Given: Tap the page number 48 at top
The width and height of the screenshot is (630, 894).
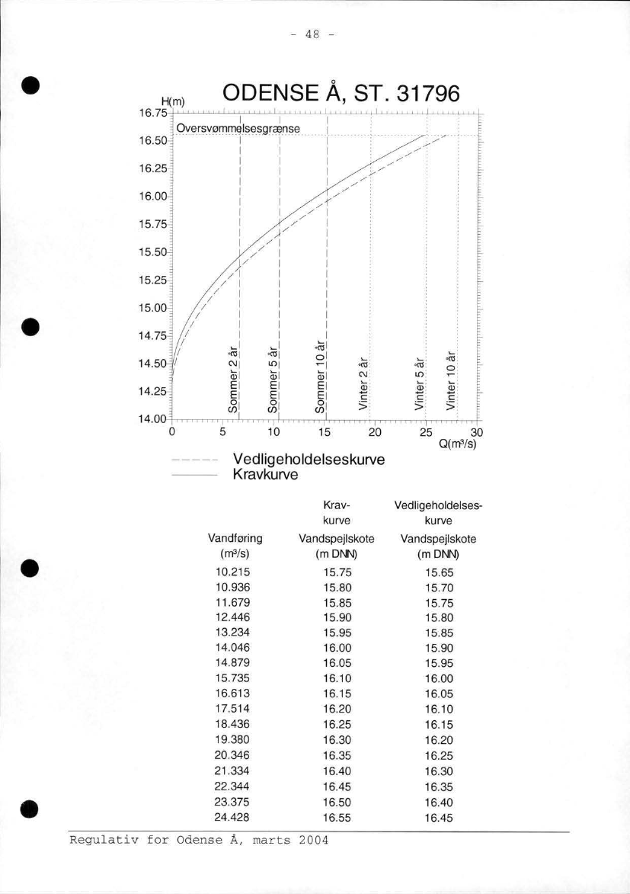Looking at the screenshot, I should [x=315, y=34].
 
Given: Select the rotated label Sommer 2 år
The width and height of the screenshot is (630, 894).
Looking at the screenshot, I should [x=234, y=380].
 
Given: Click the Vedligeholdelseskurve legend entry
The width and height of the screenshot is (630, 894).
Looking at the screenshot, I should [x=309, y=461].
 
